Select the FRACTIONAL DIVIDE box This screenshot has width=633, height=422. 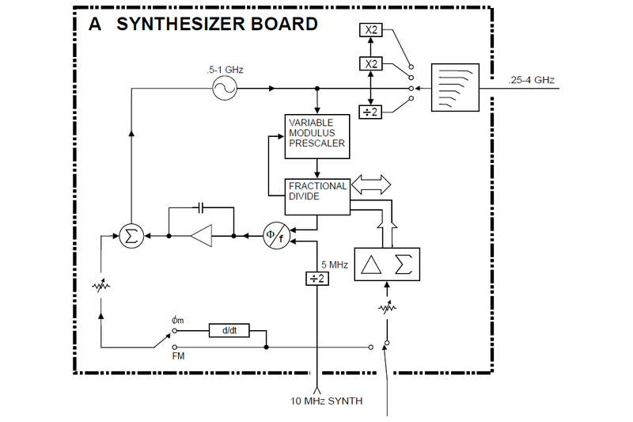[x=316, y=196]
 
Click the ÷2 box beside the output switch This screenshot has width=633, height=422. [x=370, y=112]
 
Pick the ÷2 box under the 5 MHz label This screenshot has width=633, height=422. [x=316, y=278]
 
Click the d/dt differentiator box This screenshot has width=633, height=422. [x=229, y=331]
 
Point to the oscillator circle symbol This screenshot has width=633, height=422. [x=225, y=88]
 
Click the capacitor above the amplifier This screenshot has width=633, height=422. [x=201, y=207]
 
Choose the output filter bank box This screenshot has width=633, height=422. [x=454, y=88]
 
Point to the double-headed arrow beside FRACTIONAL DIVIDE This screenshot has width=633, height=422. [x=370, y=184]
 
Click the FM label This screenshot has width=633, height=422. [x=179, y=357]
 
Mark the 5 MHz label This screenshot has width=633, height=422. [x=334, y=264]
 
